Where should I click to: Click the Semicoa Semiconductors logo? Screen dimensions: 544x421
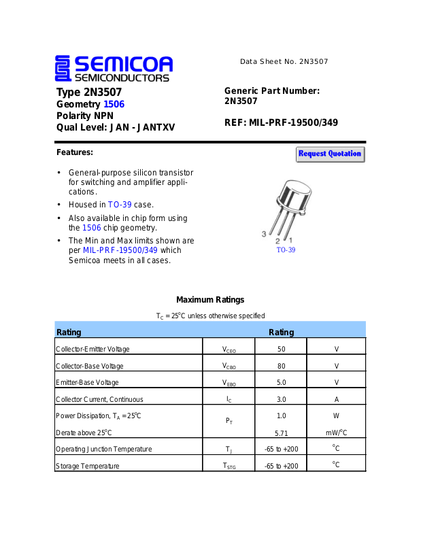coord(114,69)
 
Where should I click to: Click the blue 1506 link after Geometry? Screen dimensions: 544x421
coord(114,104)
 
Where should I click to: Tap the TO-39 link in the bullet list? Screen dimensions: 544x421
coord(120,204)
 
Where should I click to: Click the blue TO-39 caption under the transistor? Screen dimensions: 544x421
coord(285,250)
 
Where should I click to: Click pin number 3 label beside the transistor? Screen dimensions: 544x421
coord(264,234)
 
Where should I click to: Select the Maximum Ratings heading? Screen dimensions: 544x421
coord(210,300)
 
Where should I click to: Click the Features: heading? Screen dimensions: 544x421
coord(75,152)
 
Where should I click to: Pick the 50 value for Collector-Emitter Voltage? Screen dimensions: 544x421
coord(281,349)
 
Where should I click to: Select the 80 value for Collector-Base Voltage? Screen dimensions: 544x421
coord(281,366)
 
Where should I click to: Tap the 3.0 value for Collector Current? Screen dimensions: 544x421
coord(281,399)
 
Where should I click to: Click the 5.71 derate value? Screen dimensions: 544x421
coord(281,432)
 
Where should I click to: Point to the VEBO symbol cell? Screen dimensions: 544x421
coord(229,383)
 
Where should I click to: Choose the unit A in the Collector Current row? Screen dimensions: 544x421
coord(336,399)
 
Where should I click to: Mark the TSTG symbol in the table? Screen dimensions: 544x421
coord(229,466)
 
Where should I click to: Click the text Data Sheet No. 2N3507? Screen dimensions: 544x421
coord(284,62)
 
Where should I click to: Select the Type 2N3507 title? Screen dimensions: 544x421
coord(89,92)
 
